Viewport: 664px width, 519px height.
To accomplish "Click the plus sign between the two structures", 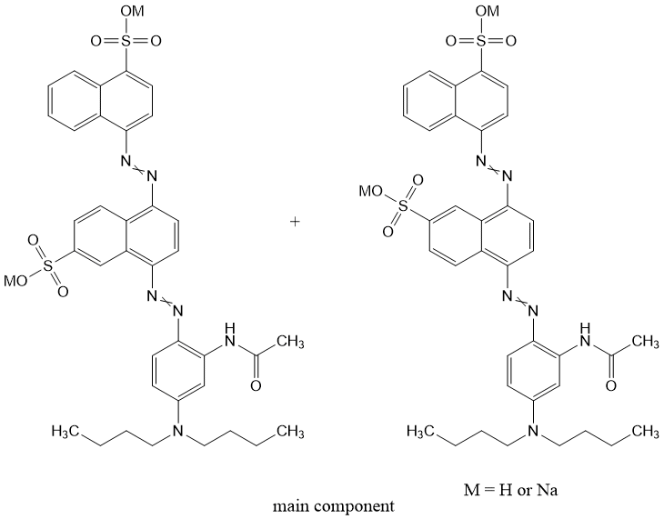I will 295,221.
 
